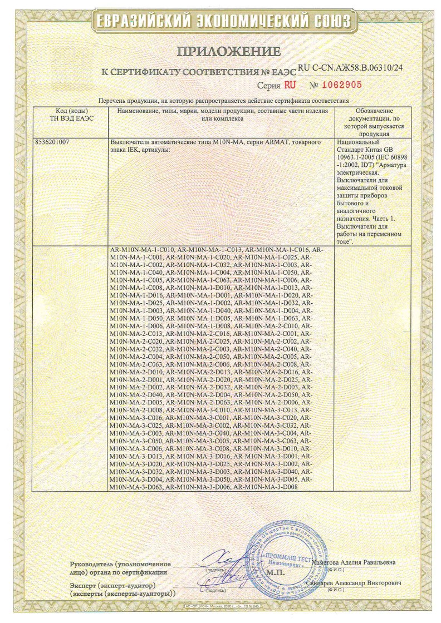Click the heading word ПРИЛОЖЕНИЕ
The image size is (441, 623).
coord(228,52)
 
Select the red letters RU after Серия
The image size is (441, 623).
coord(290,86)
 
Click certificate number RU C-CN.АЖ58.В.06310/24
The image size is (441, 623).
coord(350,67)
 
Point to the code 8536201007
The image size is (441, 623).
coord(53,142)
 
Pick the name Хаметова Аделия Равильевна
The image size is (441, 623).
coord(354,562)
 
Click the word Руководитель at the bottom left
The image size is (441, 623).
coord(92,563)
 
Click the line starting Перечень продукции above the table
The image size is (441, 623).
coord(223,101)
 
